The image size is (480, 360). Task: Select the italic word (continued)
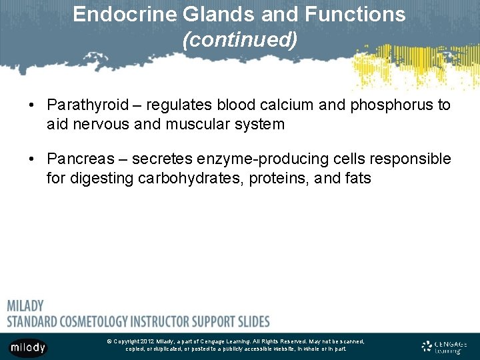point(239,40)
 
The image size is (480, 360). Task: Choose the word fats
point(357,178)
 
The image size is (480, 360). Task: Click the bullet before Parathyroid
point(31,105)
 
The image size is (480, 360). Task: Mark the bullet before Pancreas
point(31,159)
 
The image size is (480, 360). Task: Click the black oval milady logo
point(28,347)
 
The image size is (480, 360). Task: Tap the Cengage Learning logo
point(444,347)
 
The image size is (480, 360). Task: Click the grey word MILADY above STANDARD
point(25,306)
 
